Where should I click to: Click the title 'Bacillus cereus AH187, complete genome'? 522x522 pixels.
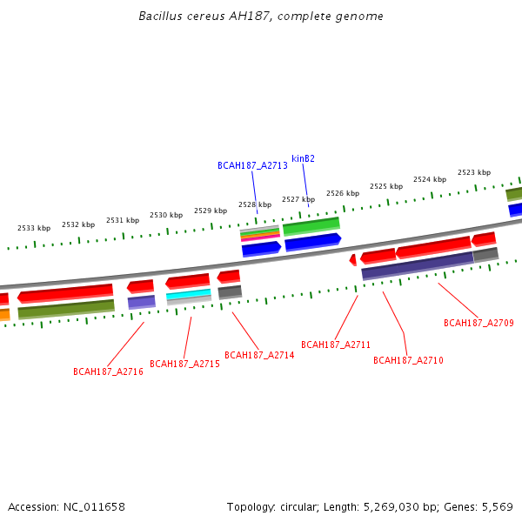click(261, 17)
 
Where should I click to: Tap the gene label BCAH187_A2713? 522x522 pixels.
click(252, 165)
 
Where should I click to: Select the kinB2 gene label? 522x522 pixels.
click(303, 158)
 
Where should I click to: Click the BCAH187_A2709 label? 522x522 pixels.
click(478, 323)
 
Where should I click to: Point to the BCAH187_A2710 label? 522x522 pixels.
click(408, 360)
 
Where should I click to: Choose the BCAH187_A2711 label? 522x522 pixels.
click(336, 345)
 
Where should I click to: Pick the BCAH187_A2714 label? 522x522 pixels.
click(259, 355)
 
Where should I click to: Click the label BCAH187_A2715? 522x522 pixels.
click(184, 364)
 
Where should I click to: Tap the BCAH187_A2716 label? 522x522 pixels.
click(108, 371)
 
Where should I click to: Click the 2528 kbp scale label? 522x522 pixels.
click(255, 205)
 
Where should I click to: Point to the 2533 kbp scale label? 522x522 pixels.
click(34, 228)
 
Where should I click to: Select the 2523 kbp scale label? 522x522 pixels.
click(474, 172)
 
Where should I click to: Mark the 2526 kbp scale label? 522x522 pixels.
click(343, 193)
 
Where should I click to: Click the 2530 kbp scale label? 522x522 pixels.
click(166, 215)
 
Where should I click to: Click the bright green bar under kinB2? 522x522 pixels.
click(311, 225)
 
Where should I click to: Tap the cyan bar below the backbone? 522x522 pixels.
click(189, 294)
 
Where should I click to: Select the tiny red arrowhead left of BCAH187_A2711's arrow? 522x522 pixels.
click(352, 259)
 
